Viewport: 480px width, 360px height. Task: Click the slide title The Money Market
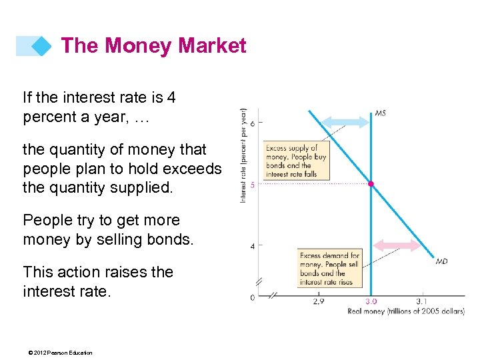click(153, 45)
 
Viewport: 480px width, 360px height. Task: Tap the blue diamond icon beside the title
click(42, 46)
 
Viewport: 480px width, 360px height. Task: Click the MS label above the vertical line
click(380, 113)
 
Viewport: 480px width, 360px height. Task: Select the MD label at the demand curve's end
click(441, 261)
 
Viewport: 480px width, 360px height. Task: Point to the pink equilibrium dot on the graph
click(371, 183)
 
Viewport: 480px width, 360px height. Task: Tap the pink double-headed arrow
click(397, 245)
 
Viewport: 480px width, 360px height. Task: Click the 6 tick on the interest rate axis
click(252, 123)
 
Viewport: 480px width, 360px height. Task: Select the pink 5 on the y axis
click(252, 185)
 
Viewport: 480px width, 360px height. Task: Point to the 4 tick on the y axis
click(252, 246)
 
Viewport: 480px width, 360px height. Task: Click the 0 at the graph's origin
click(252, 297)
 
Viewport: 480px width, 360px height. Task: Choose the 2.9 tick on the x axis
click(319, 301)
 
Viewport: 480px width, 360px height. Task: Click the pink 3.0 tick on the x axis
click(371, 301)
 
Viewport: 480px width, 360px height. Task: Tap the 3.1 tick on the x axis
click(421, 301)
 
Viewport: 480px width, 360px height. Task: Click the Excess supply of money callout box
click(291, 161)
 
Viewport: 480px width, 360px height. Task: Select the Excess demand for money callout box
click(329, 269)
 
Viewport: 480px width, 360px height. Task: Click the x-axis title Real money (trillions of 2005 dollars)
click(405, 311)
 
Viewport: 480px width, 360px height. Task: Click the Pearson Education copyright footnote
click(57, 353)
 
